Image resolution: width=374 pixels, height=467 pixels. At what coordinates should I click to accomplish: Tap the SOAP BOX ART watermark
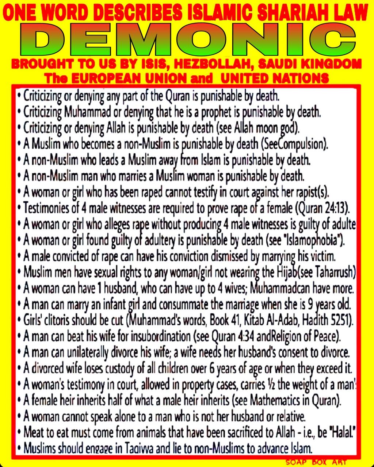[x=316, y=462]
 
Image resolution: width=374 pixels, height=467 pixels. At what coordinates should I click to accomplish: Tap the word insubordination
[x=164, y=336]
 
